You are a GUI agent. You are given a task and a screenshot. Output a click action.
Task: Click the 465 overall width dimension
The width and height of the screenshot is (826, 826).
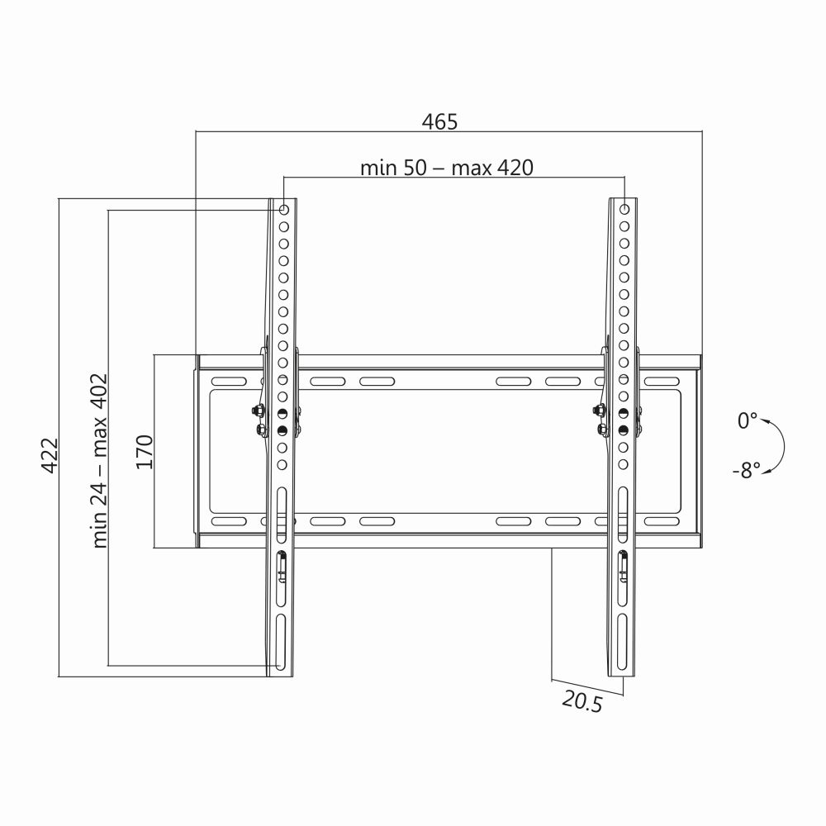pos(439,122)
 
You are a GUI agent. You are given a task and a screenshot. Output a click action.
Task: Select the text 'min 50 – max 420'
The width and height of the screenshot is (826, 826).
pos(446,168)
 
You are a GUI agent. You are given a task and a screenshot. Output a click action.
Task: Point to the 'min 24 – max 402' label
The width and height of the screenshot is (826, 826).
pos(100,459)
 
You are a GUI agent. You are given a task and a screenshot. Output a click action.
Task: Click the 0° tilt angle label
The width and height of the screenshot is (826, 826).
pos(747,420)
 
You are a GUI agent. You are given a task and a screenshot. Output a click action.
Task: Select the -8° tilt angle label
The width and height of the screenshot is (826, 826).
pos(745,471)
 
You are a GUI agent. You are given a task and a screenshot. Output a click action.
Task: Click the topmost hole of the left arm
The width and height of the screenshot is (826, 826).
pos(283,209)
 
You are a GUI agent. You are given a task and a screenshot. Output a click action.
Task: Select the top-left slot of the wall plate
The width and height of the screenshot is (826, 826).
pos(229,382)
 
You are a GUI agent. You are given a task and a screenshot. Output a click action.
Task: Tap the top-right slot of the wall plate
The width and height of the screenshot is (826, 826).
pos(662,382)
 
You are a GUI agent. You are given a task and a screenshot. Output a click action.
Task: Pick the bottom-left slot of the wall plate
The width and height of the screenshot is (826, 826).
pos(229,522)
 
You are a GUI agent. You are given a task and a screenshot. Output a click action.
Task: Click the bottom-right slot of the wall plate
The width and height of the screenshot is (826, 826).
pos(662,522)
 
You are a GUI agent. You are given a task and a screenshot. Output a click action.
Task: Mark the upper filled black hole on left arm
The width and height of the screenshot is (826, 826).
pos(282,414)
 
